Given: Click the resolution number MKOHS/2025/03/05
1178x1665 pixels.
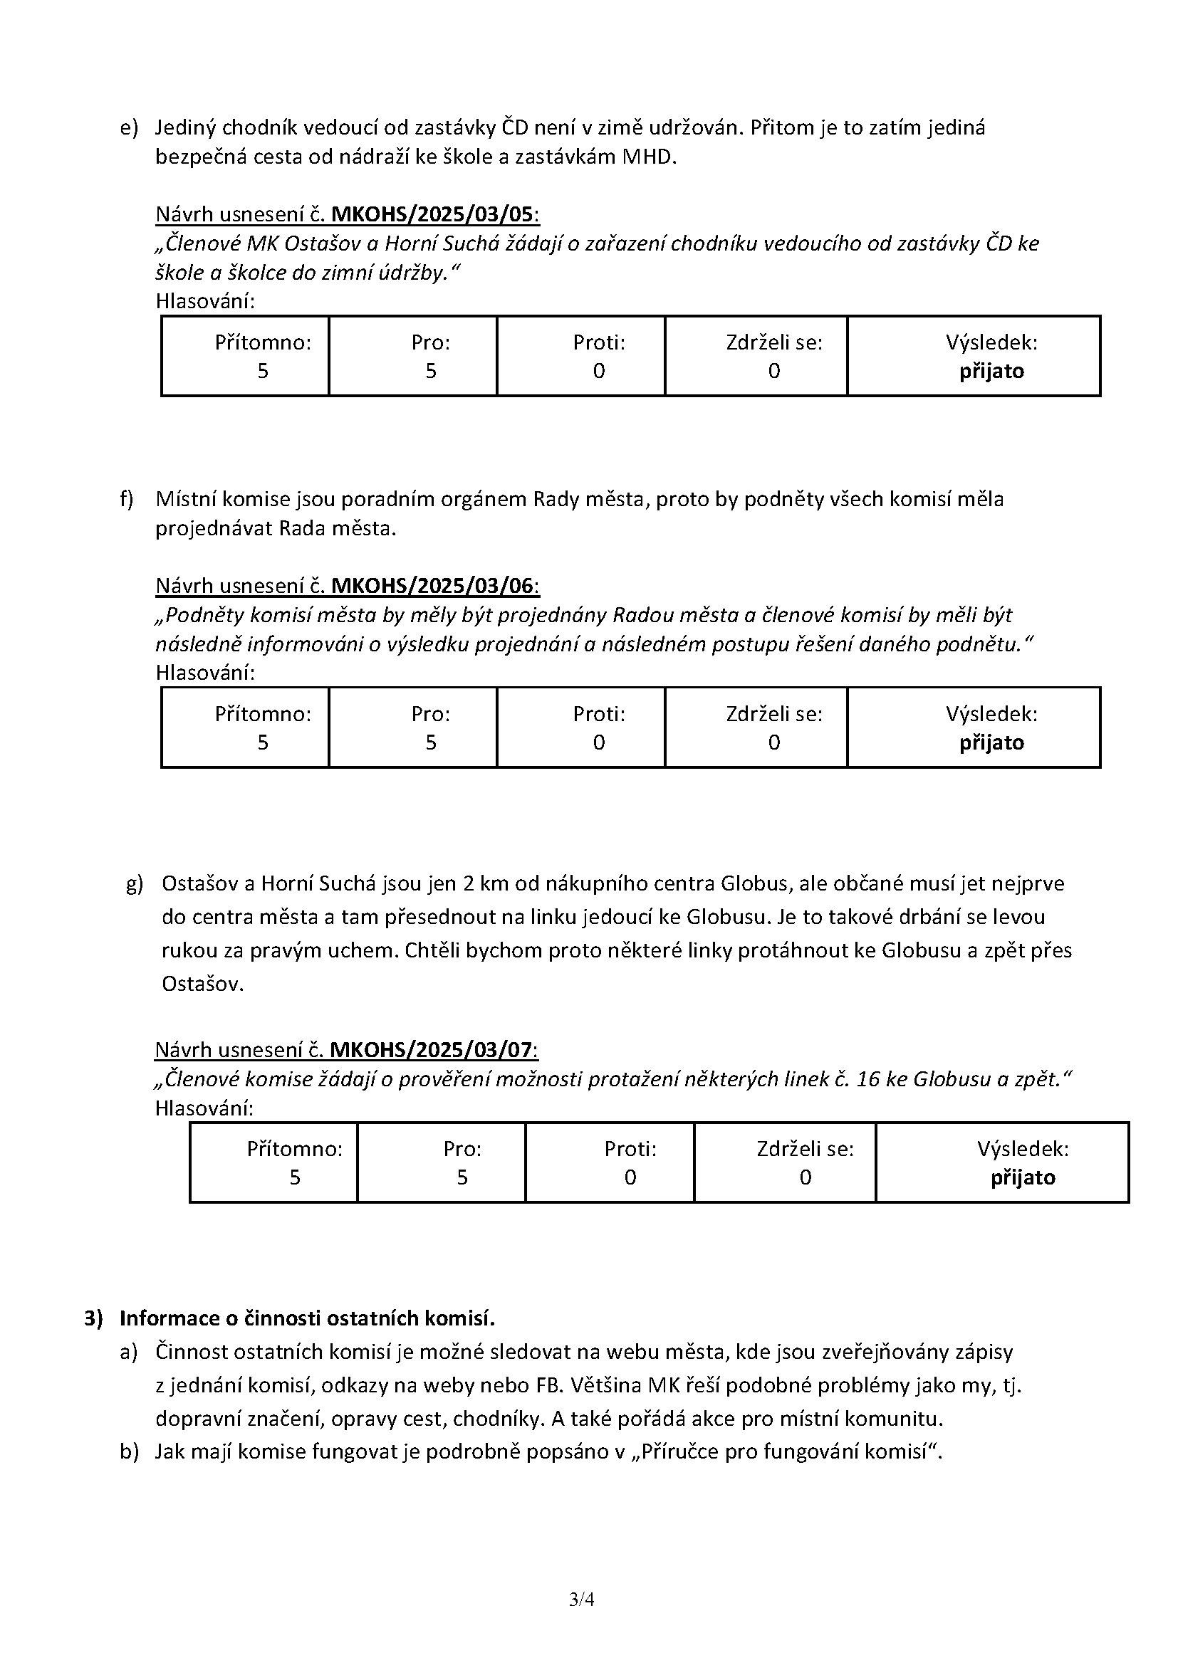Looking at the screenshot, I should pyautogui.click(x=434, y=215).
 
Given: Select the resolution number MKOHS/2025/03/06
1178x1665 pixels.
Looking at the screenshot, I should pyautogui.click(x=434, y=586).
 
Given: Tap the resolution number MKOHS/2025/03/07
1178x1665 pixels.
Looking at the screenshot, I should pyautogui.click(x=433, y=1050).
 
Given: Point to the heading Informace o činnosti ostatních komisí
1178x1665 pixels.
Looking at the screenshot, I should pyautogui.click(x=307, y=1318).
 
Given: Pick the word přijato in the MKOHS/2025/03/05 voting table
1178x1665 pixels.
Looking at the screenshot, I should pyautogui.click(x=991, y=372).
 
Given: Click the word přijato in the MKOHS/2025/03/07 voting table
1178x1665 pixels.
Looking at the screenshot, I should pyautogui.click(x=1023, y=1177).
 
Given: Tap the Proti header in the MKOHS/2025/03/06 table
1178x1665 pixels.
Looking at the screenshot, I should pyautogui.click(x=599, y=714).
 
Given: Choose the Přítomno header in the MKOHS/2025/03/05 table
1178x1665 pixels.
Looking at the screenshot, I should pyautogui.click(x=263, y=343).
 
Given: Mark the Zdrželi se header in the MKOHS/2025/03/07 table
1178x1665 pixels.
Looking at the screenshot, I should pyautogui.click(x=806, y=1150).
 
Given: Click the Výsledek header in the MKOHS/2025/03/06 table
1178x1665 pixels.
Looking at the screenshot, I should pyautogui.click(x=991, y=714).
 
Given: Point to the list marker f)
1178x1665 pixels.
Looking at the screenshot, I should pyautogui.click(x=127, y=499).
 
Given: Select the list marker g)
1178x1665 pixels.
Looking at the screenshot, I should pyautogui.click(x=134, y=885).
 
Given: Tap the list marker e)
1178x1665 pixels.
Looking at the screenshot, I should pyautogui.click(x=128, y=128).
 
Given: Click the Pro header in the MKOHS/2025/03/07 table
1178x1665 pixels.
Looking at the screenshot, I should pyautogui.click(x=463, y=1150).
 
